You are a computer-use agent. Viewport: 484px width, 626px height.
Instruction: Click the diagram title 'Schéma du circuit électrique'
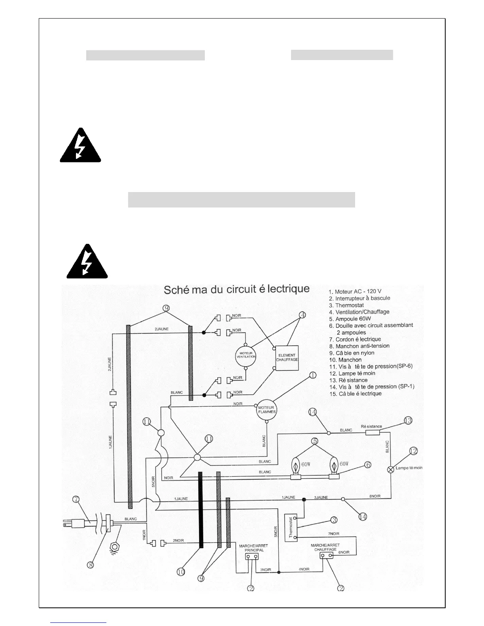click(237, 289)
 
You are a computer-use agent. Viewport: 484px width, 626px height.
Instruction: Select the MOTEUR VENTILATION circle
click(246, 354)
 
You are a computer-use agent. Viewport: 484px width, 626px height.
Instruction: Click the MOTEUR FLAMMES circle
click(267, 409)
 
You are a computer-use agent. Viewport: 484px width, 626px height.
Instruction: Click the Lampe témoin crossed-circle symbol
click(391, 469)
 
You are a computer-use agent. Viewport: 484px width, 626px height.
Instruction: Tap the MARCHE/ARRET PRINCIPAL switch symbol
click(252, 557)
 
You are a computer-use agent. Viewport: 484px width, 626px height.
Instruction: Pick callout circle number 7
click(76, 499)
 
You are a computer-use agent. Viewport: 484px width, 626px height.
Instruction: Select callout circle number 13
click(408, 420)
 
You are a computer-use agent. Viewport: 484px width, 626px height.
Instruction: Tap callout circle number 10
click(181, 572)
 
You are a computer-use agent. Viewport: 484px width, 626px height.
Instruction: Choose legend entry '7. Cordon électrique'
click(355, 339)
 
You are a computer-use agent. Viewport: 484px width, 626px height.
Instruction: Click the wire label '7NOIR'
click(333, 534)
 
